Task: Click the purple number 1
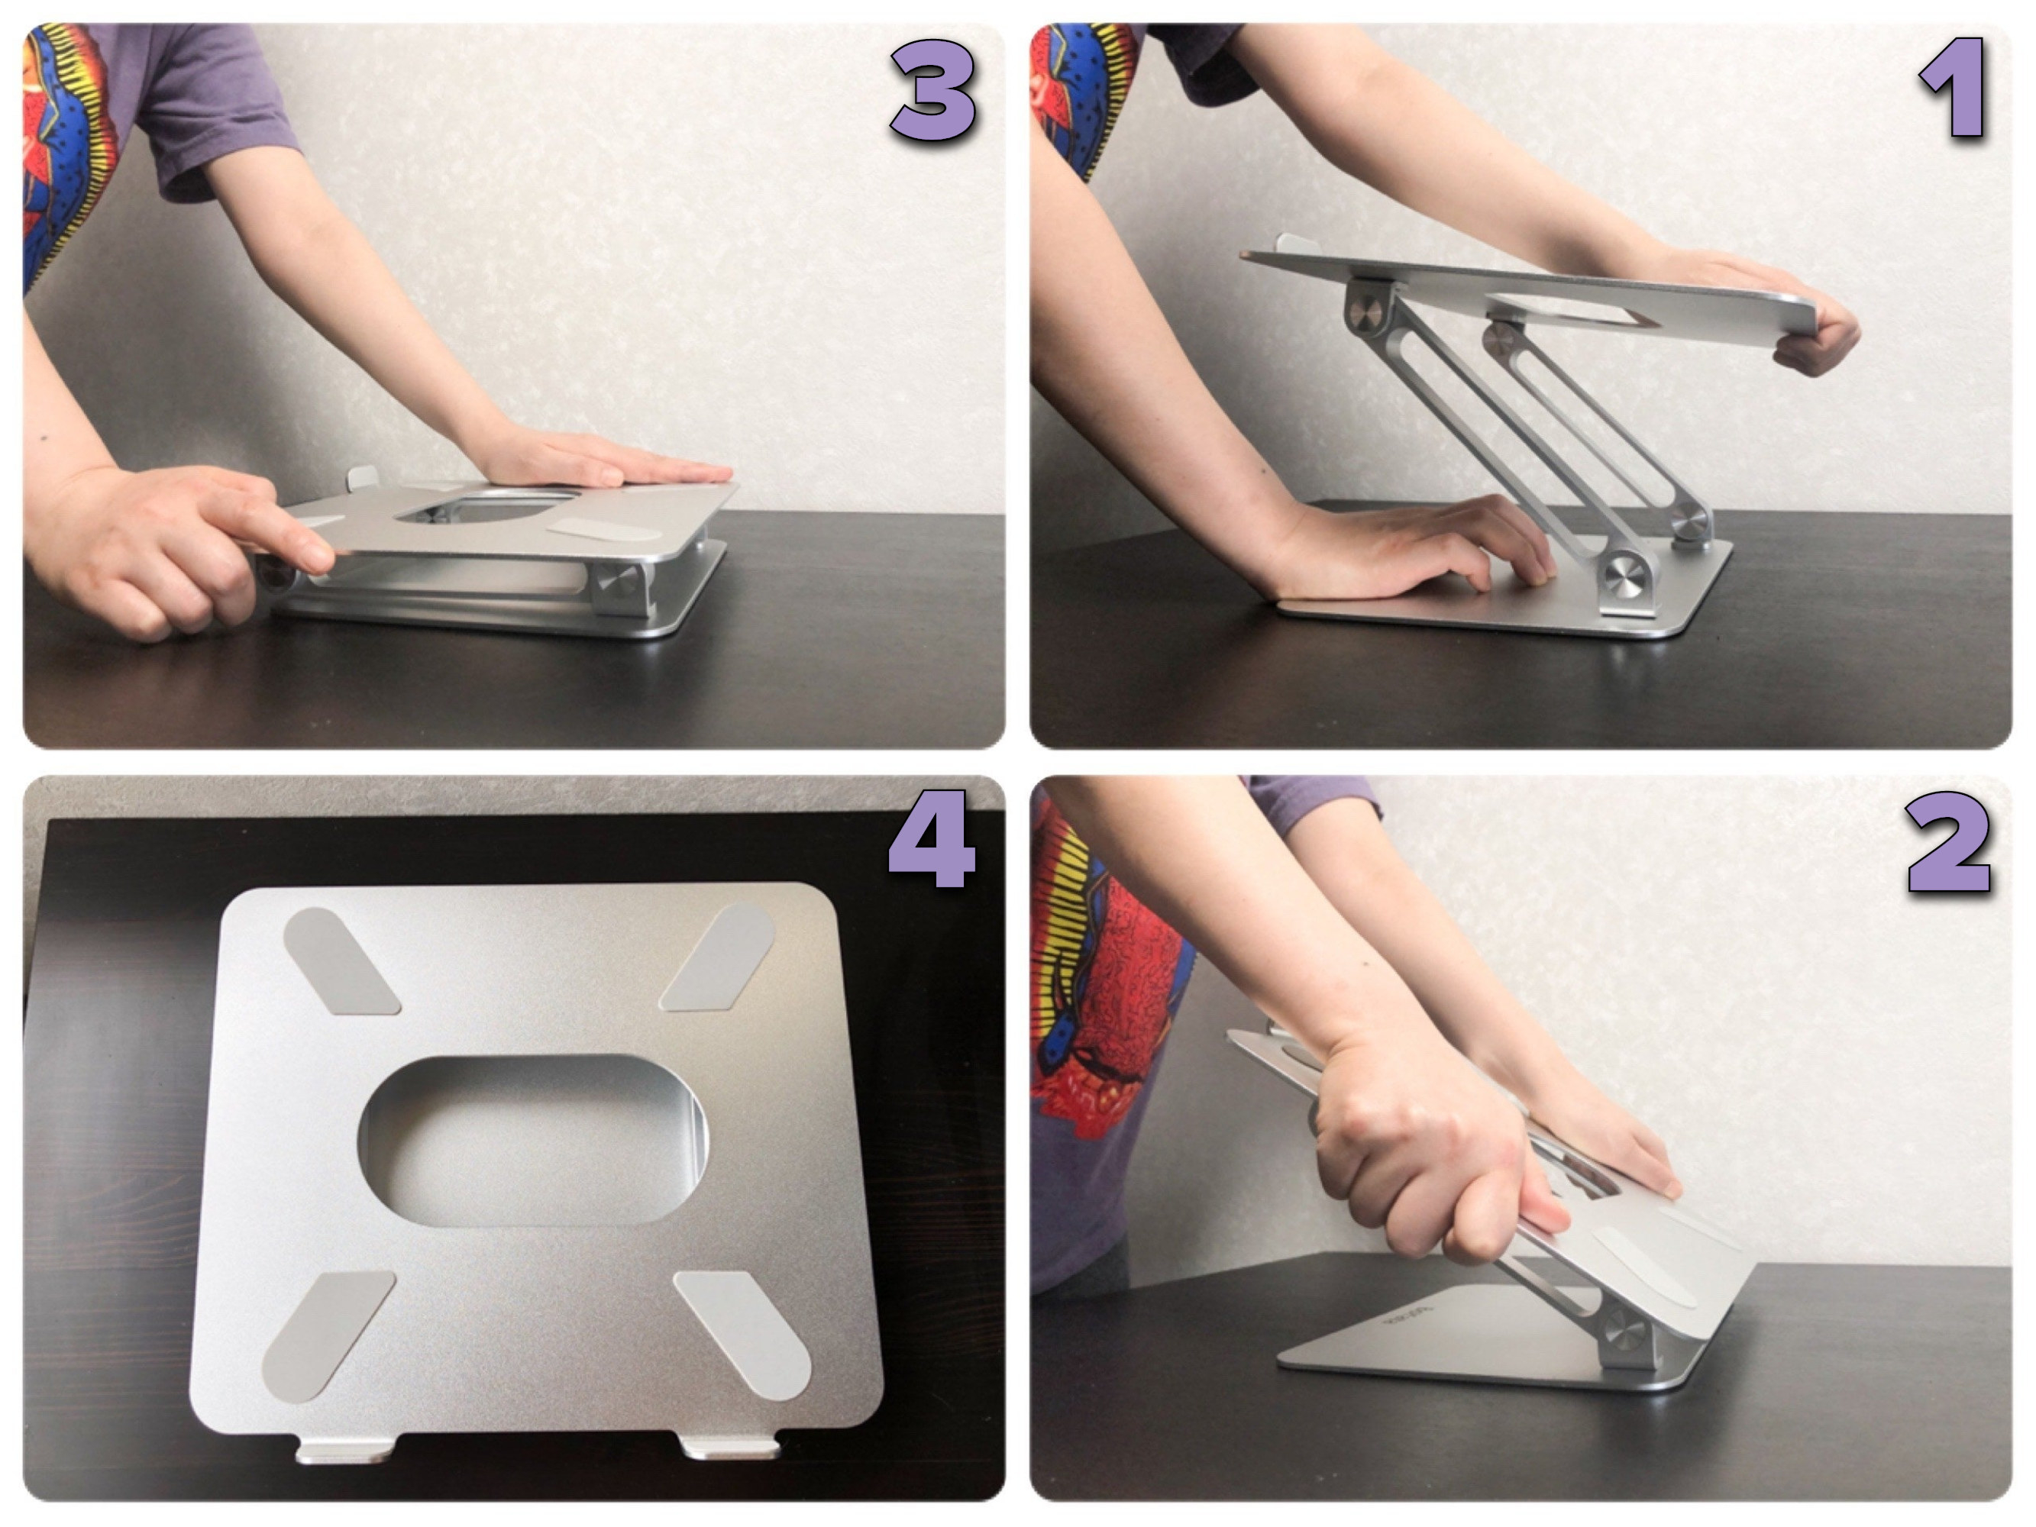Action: pos(1954,89)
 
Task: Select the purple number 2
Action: pos(1949,844)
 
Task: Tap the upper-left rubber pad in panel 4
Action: pos(341,961)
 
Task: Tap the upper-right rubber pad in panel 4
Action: pos(718,957)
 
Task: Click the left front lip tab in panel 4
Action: pos(345,1449)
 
